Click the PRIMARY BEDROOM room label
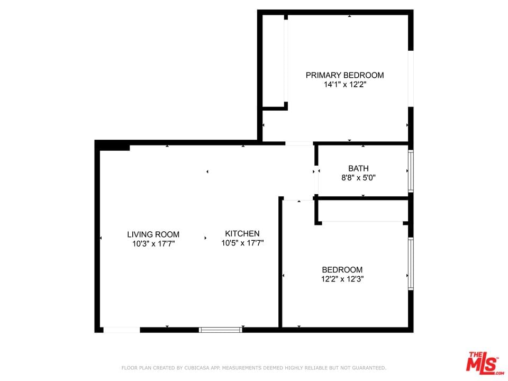(344, 75)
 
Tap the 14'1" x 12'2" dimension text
(345, 85)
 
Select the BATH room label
(358, 168)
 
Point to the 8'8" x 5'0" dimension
(358, 178)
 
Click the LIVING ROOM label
(153, 234)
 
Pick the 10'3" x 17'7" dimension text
(153, 243)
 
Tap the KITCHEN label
(242, 233)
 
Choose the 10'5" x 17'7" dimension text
(243, 243)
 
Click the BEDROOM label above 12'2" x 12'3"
(342, 269)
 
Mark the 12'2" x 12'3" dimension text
(342, 279)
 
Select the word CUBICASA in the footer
(197, 368)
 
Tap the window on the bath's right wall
(411, 171)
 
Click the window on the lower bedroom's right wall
(411, 264)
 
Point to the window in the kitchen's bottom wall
(221, 330)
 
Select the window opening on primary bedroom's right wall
(411, 79)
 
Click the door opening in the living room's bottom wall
(122, 330)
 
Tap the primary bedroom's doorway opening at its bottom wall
(299, 143)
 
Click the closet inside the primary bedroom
(274, 60)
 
